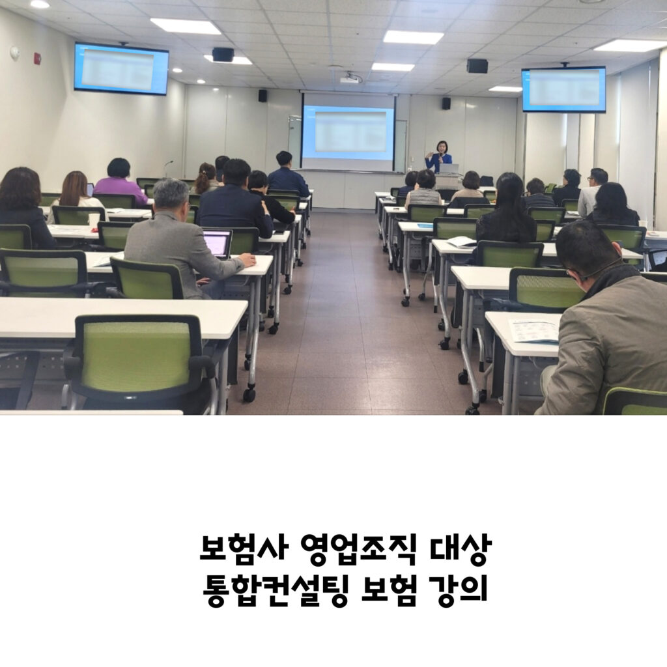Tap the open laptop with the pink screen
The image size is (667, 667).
click(x=218, y=244)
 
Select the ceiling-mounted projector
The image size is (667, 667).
click(x=350, y=79)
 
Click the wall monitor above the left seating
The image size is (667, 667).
click(x=121, y=68)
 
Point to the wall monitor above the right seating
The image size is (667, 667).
click(x=563, y=89)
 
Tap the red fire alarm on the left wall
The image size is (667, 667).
click(x=37, y=58)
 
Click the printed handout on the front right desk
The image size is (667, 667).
click(x=533, y=330)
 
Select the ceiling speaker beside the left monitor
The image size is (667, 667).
click(x=223, y=55)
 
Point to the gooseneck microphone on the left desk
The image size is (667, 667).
click(x=167, y=168)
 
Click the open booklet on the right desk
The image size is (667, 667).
click(x=461, y=242)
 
